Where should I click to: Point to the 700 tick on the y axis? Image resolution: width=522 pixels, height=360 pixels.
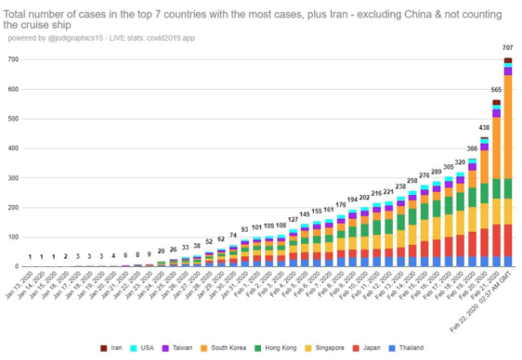[x=14, y=60]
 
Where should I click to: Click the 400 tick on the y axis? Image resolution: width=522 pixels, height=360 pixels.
[x=14, y=149]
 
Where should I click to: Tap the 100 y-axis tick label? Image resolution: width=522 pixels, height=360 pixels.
[x=14, y=237]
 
